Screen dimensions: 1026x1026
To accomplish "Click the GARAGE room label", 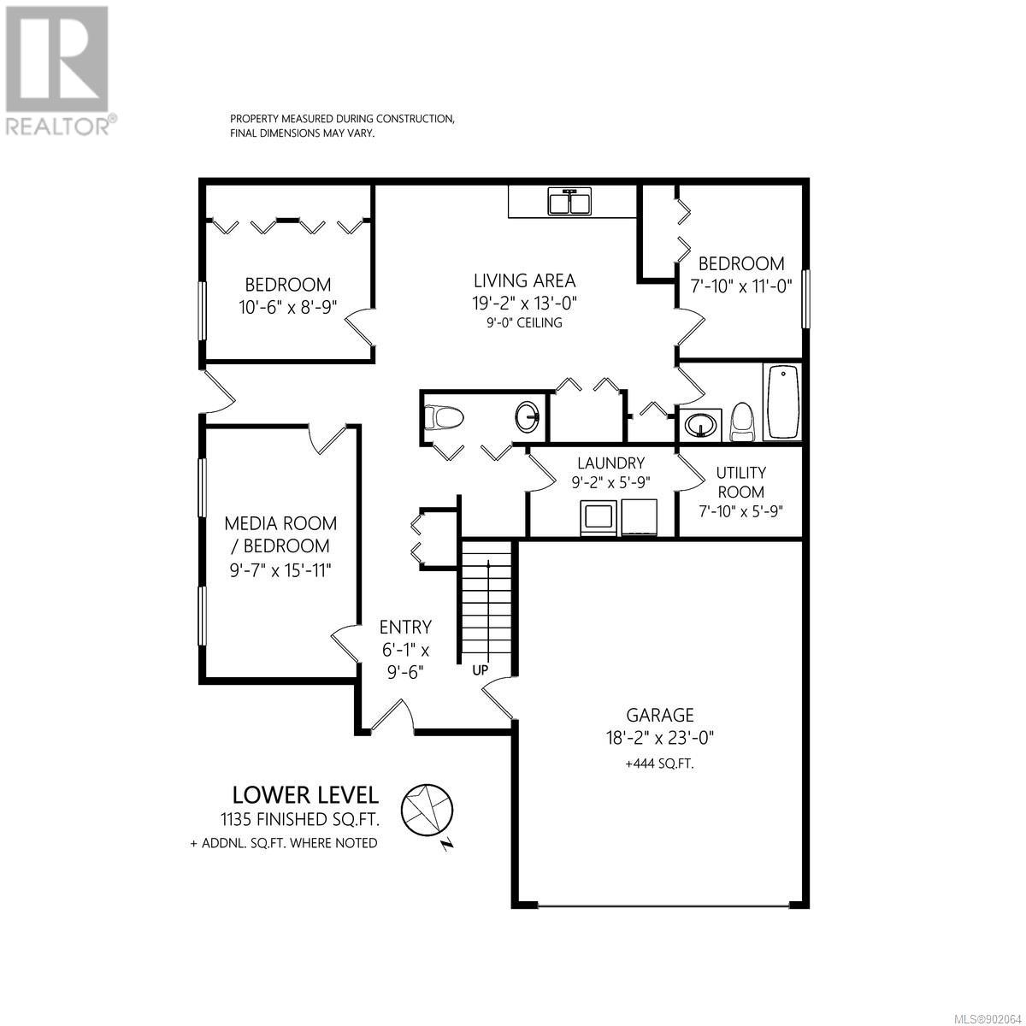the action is [660, 715].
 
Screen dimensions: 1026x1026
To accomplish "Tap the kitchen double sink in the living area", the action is [570, 202].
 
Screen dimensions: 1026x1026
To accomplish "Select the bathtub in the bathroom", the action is [782, 402].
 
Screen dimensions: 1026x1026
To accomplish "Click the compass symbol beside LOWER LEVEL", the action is [427, 812].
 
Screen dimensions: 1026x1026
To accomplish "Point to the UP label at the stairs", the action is [480, 670].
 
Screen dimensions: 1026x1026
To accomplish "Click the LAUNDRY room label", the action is [610, 463].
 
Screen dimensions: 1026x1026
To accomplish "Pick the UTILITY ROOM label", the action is [740, 482].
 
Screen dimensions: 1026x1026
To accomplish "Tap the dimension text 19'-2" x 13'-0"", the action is [524, 303].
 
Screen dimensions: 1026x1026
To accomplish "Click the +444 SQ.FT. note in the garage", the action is [660, 764].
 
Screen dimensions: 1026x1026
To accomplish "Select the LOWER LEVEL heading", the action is [305, 795].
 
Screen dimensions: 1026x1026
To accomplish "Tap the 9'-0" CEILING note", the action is [524, 322].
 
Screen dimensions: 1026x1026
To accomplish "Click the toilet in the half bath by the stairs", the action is [445, 417].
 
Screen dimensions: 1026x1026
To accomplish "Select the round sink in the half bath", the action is [528, 417].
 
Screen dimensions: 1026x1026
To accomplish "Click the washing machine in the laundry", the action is [599, 517].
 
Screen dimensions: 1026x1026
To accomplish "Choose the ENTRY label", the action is [405, 627].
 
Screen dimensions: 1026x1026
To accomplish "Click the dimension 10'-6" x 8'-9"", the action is [287, 307].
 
